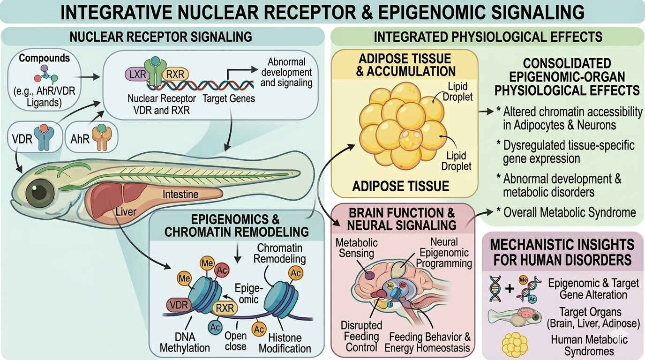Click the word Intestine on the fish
(180, 194)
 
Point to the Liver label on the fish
(126, 211)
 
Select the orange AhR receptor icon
(100, 136)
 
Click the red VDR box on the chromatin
(179, 306)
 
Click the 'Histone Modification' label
(285, 343)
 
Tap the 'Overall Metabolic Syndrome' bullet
(569, 212)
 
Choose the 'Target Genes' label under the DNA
(229, 98)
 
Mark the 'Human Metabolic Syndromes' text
(589, 345)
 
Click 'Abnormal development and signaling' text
(286, 73)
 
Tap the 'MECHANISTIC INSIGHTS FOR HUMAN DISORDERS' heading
(562, 252)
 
